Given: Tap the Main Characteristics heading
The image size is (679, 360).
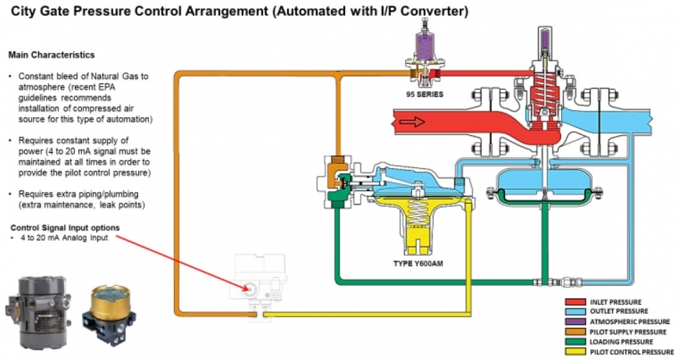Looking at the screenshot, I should (x=51, y=55).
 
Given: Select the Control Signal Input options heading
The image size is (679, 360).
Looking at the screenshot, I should (x=65, y=227).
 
